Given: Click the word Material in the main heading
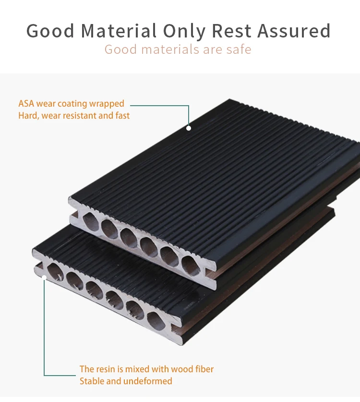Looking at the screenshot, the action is tap(119, 31).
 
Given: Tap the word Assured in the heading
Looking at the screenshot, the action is tap(294, 31).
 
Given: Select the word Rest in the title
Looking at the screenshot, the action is tap(232, 31).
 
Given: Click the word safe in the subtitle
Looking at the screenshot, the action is tap(239, 49).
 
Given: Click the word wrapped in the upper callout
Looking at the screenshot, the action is tap(107, 104).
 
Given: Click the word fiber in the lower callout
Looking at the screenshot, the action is tap(203, 369).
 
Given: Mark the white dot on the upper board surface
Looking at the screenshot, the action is tap(189, 128).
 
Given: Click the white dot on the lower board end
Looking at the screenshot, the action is tap(44, 277).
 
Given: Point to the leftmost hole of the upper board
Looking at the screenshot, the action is tap(91, 221).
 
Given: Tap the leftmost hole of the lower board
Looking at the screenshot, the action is tap(55, 272).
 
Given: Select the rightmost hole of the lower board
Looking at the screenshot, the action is tap(156, 321).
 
